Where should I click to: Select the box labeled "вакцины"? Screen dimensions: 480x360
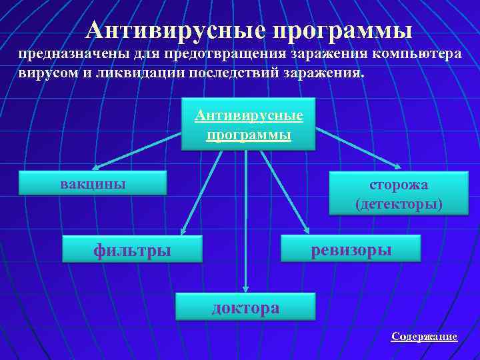93,183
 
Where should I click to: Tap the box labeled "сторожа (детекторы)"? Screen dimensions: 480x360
399,193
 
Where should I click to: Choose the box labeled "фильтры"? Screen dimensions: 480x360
132,250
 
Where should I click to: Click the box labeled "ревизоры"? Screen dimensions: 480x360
351,248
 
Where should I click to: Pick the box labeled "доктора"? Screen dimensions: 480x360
245,307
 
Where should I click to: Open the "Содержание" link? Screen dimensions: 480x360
424,337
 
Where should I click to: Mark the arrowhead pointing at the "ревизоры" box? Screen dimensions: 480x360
307,230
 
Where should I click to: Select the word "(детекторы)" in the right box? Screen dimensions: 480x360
399,203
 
